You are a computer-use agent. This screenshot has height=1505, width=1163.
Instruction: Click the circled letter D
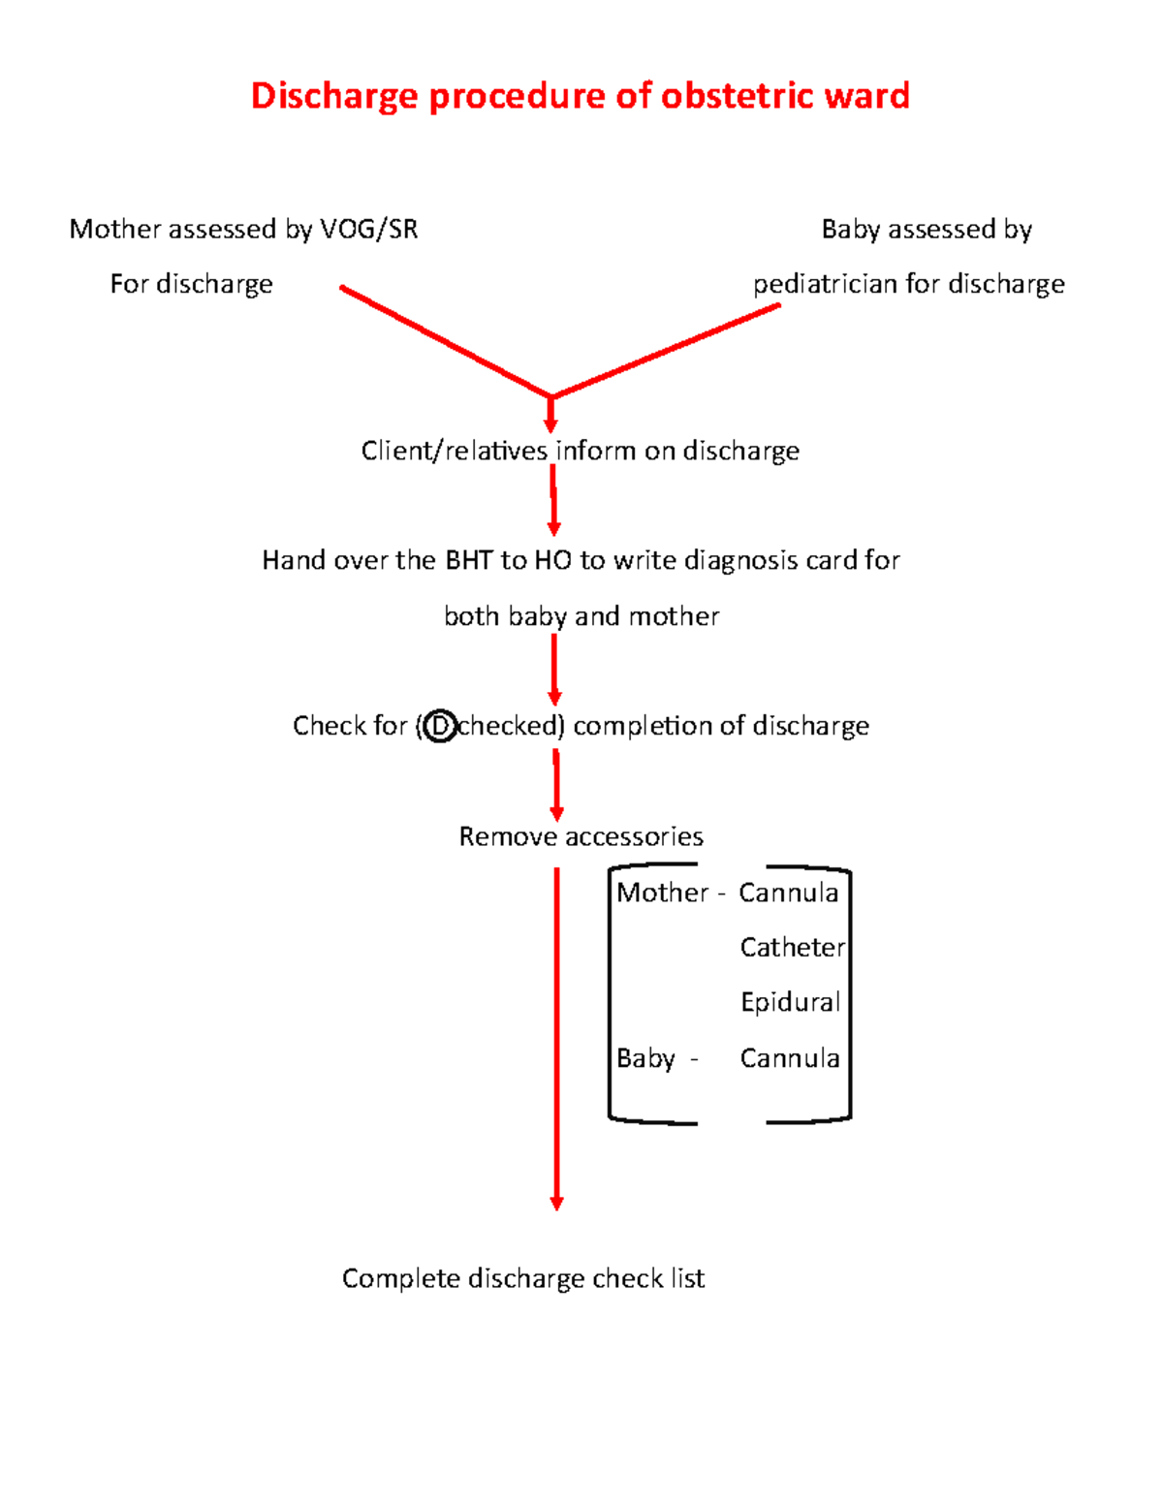pyautogui.click(x=440, y=726)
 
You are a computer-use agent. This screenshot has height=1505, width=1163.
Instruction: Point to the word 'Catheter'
pyautogui.click(x=792, y=948)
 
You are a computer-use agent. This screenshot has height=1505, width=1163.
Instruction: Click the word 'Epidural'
pyautogui.click(x=790, y=1002)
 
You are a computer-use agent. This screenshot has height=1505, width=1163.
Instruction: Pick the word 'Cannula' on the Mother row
pyautogui.click(x=788, y=893)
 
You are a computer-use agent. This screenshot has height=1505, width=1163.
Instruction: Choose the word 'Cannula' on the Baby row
pyautogui.click(x=789, y=1058)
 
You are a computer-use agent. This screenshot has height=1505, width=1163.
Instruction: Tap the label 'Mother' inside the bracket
pyautogui.click(x=663, y=893)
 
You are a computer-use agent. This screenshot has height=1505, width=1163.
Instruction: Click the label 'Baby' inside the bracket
pyautogui.click(x=645, y=1058)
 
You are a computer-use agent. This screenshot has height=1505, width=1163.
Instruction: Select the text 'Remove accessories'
pyautogui.click(x=581, y=836)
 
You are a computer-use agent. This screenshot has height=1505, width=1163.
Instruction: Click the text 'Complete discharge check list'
pyautogui.click(x=522, y=1278)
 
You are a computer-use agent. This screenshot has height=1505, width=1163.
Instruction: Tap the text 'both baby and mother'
pyautogui.click(x=581, y=616)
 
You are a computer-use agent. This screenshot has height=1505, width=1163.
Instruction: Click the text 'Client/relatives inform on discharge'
pyautogui.click(x=580, y=451)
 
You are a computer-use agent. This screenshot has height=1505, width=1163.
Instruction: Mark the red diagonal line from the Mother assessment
pyautogui.click(x=446, y=342)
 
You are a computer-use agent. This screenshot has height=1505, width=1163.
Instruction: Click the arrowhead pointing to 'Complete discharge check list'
pyautogui.click(x=556, y=1203)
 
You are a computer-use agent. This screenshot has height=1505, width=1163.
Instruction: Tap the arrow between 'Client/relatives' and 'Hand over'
pyautogui.click(x=553, y=499)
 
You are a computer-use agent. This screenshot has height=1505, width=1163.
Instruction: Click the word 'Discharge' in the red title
pyautogui.click(x=335, y=96)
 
